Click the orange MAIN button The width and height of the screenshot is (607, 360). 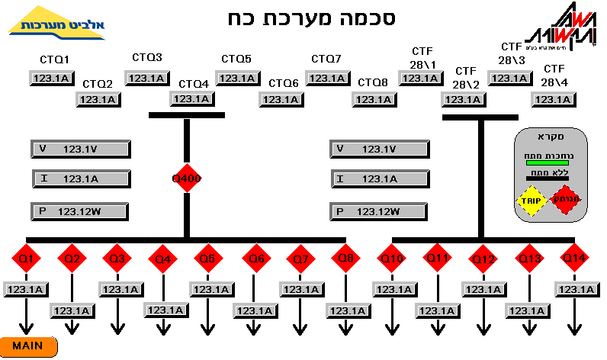[29, 346]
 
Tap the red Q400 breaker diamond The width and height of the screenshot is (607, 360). [186, 179]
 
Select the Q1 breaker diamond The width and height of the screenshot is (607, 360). [27, 259]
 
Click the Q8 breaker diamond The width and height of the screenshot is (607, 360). [346, 259]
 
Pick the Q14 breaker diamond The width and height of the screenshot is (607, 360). [573, 259]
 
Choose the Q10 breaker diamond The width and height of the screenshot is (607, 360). [392, 259]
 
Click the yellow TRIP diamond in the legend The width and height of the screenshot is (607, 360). [531, 201]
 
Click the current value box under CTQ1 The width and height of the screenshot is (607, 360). [53, 78]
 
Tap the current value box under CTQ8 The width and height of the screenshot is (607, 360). [374, 99]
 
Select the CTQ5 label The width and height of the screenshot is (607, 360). [236, 59]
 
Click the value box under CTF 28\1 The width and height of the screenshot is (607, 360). [420, 78]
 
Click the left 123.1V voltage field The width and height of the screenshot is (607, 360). [79, 149]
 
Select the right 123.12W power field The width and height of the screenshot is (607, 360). [378, 211]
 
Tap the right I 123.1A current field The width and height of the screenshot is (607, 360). [378, 179]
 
